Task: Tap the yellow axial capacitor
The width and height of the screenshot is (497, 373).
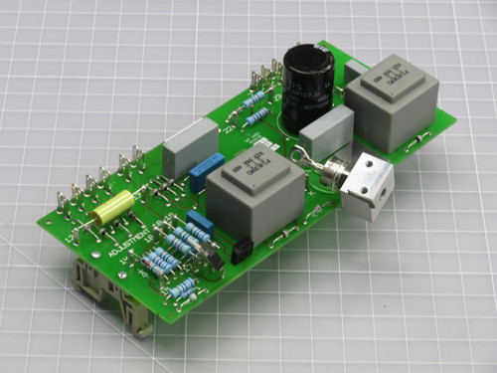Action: pos(113,209)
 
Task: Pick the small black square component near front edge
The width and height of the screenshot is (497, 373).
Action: pos(240,252)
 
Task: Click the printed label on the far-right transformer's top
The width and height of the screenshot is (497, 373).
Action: pos(383,72)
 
